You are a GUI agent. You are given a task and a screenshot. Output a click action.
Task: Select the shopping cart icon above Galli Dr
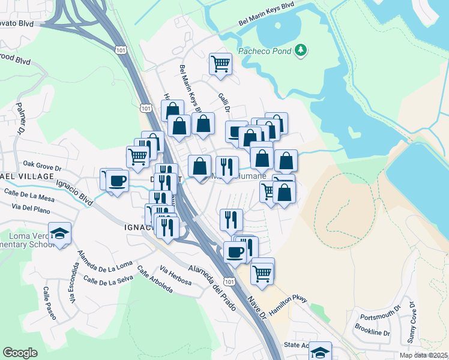[220, 63]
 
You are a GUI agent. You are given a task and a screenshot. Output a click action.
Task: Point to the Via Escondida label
[74, 284]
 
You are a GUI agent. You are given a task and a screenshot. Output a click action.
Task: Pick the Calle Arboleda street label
[155, 280]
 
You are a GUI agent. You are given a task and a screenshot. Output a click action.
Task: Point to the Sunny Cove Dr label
[412, 323]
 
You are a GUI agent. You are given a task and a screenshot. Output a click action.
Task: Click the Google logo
[20, 353]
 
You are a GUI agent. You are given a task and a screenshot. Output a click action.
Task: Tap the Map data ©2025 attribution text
[423, 355]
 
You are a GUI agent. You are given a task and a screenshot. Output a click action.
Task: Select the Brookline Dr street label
[372, 332]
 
